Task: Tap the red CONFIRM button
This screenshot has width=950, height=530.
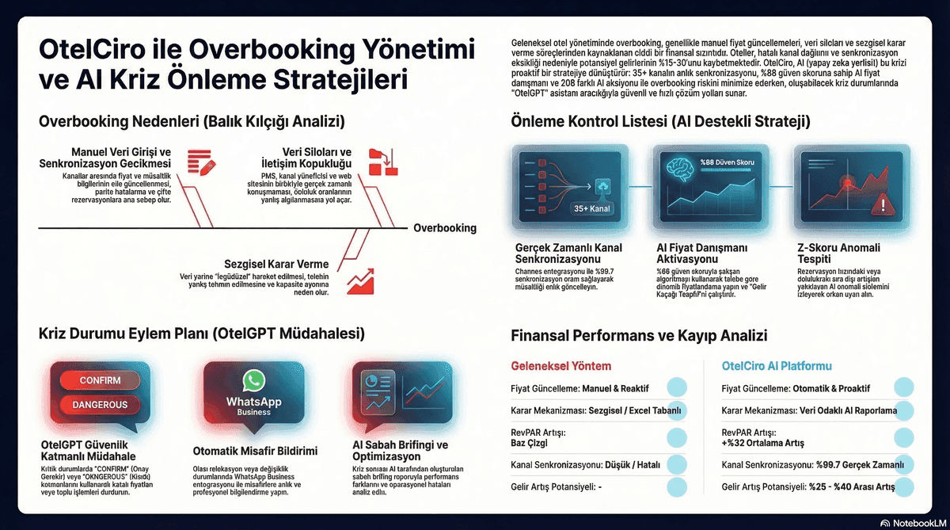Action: click(x=100, y=380)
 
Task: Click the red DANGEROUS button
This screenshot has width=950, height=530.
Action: click(x=100, y=404)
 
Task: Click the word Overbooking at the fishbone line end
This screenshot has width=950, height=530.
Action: click(x=444, y=228)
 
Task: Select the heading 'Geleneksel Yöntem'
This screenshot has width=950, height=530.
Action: click(x=561, y=366)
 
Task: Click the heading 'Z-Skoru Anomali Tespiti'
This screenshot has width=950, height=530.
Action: click(x=839, y=254)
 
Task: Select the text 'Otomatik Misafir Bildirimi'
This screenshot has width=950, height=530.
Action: click(x=255, y=451)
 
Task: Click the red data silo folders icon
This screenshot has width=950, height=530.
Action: click(x=386, y=160)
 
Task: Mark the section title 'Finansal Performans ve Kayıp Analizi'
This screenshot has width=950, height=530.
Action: click(x=640, y=335)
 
